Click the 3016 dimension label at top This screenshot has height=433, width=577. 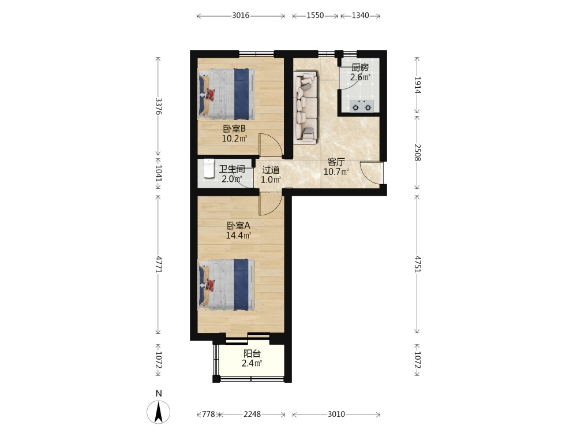241,16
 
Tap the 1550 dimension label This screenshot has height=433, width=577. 315,16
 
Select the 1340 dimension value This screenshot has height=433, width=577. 360,16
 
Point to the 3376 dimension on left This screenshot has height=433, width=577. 159,106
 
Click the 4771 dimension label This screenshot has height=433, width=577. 159,264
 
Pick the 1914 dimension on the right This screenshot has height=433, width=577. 417,85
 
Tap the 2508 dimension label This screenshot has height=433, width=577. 417,152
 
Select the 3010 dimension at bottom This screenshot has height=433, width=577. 336,414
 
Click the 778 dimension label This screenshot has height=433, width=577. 208,414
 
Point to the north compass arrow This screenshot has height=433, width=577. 159,412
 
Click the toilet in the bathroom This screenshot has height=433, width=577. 209,169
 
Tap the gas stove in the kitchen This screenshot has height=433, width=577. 361,106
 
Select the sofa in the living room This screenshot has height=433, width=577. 305,107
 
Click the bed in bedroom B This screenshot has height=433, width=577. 226,94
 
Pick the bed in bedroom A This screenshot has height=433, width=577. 226,284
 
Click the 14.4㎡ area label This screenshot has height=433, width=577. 238,235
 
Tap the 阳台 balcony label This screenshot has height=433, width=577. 252,354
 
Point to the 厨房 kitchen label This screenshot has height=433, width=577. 360,68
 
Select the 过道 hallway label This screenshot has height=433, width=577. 271,170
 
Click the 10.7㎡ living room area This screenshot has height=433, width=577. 336,171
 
